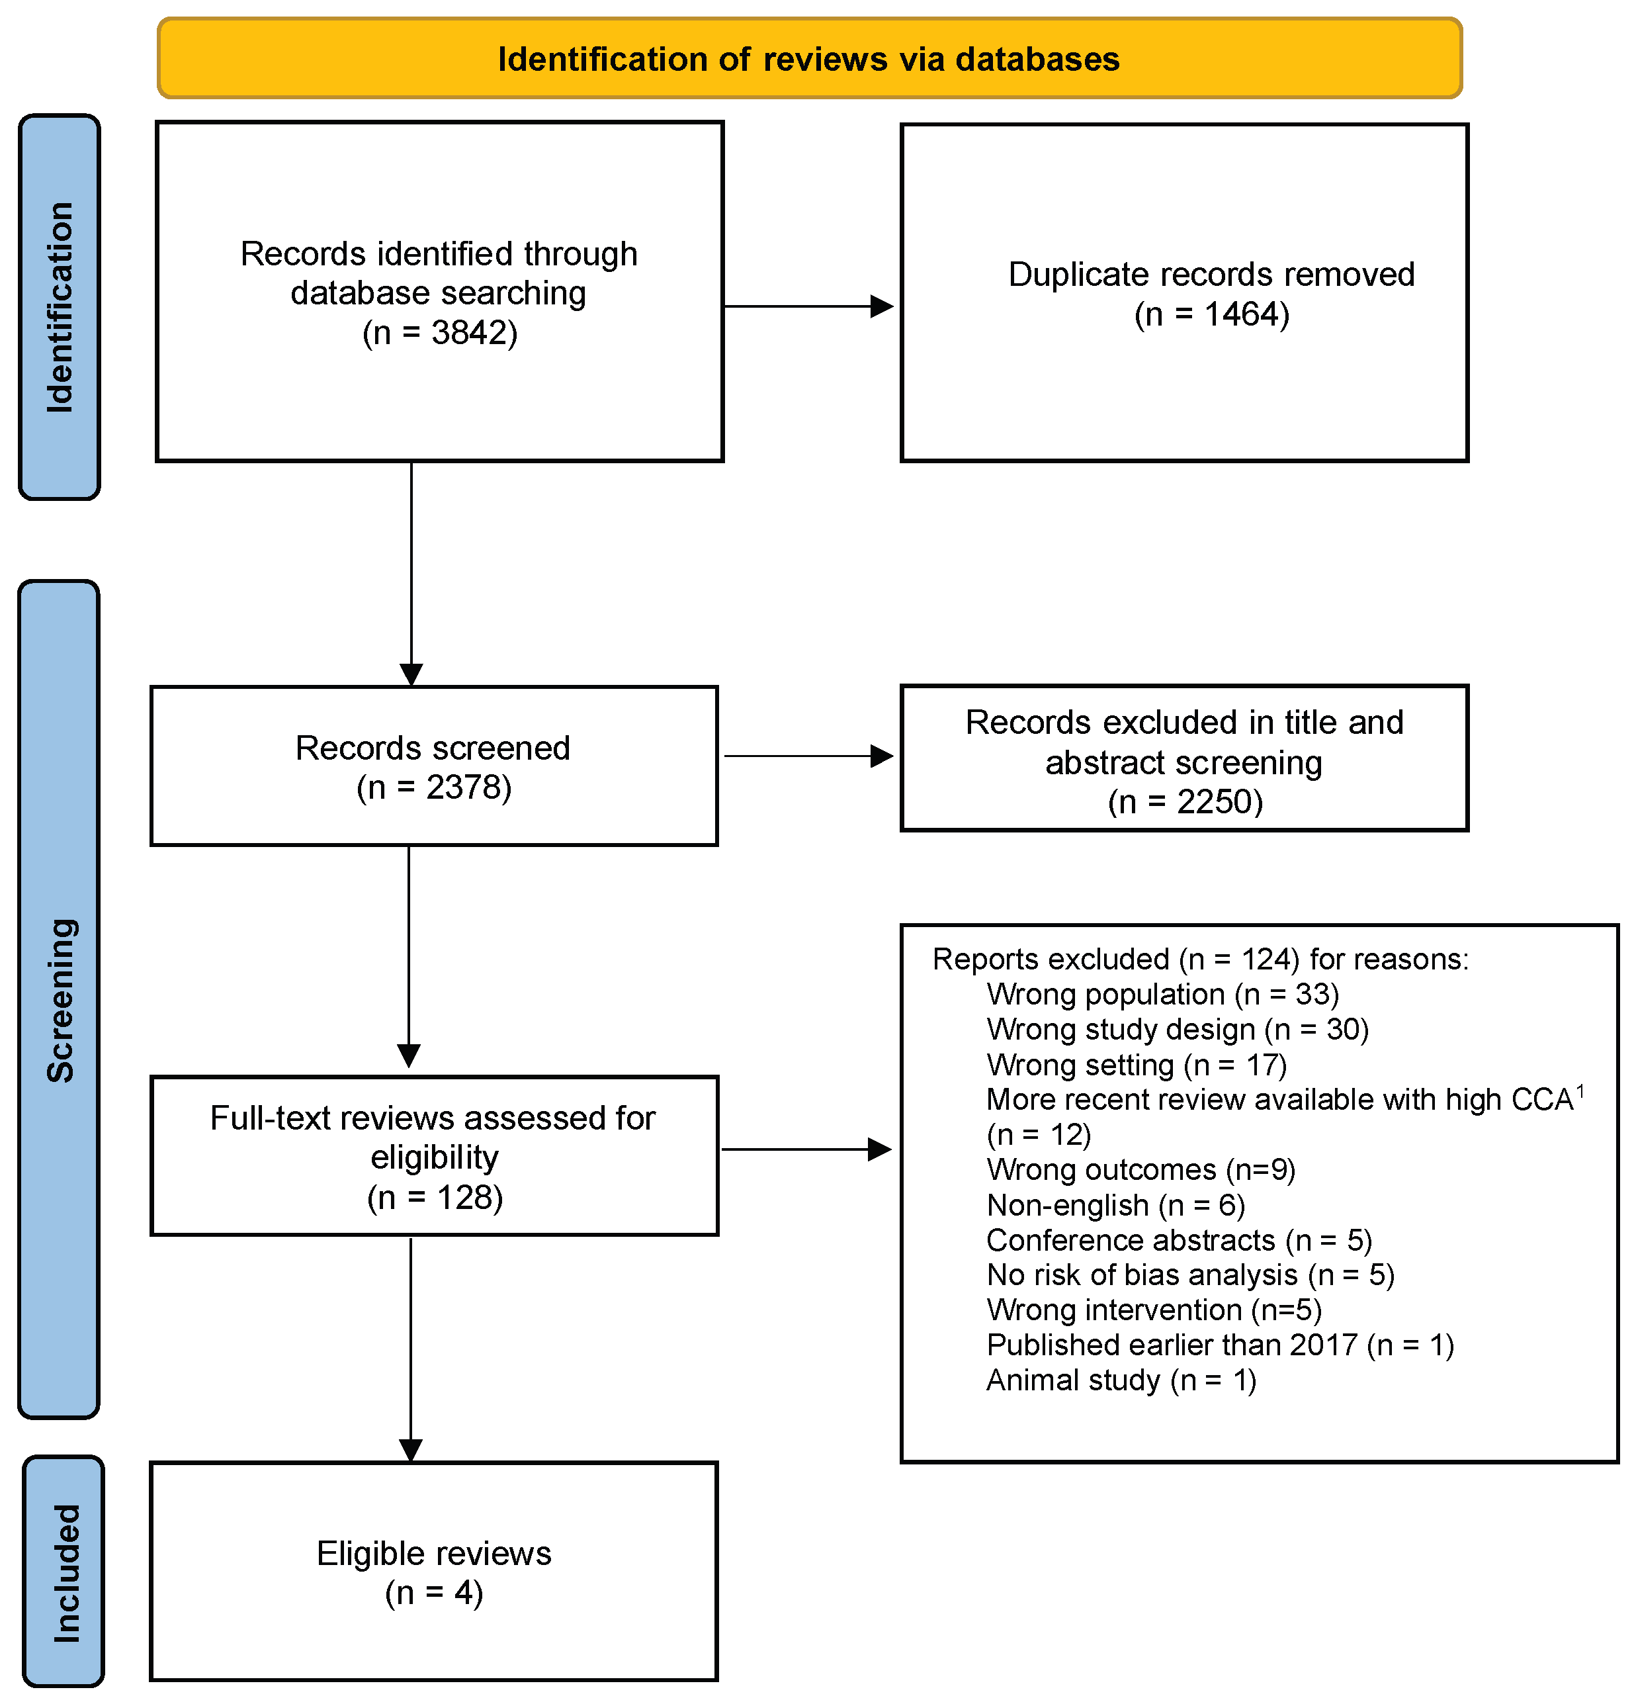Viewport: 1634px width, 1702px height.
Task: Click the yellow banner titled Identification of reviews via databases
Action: click(809, 58)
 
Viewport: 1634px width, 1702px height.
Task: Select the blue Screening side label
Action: click(59, 999)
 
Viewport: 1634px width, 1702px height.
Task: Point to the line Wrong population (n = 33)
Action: click(1162, 995)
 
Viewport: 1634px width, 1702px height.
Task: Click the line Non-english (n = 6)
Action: click(1115, 1205)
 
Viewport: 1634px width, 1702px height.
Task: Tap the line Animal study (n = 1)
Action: click(1121, 1380)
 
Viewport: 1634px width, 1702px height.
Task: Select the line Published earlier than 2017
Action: click(1220, 1345)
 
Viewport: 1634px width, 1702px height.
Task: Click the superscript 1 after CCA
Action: click(1580, 1091)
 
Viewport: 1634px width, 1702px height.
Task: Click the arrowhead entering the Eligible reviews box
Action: click(411, 1449)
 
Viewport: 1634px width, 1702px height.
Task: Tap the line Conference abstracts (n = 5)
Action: click(1179, 1240)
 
